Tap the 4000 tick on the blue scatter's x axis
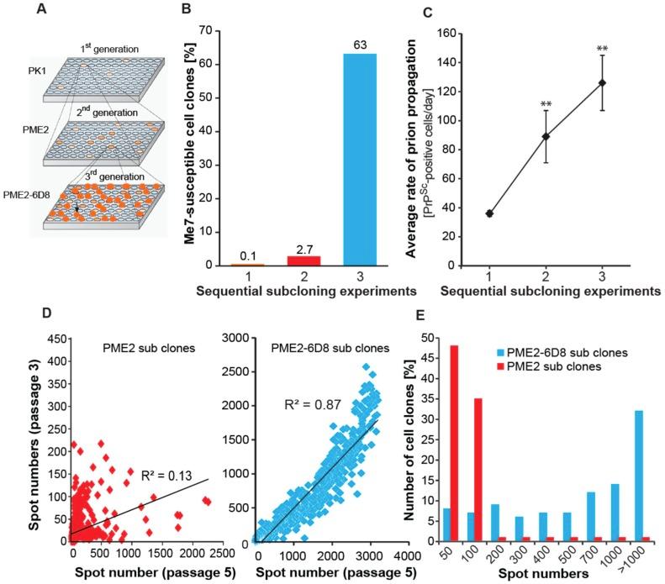[x=404, y=555]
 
